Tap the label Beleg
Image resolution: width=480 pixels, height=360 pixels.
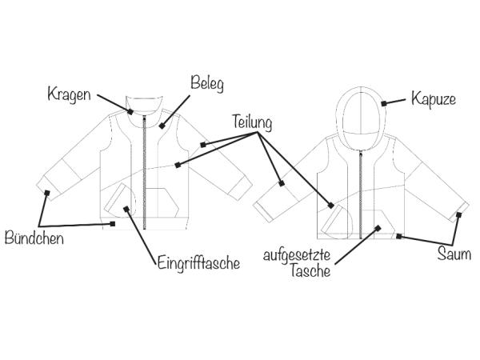tap(207, 82)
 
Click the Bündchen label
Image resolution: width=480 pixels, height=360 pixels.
tap(34, 238)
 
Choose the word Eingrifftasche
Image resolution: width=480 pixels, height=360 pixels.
tap(197, 262)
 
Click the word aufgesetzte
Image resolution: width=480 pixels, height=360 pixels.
tap(298, 257)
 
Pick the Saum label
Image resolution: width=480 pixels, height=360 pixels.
tap(454, 255)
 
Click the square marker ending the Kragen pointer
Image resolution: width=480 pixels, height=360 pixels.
tap(130, 111)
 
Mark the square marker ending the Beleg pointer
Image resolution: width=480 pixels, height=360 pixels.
tap(162, 125)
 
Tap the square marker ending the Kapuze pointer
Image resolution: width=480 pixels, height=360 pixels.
tap(386, 102)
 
